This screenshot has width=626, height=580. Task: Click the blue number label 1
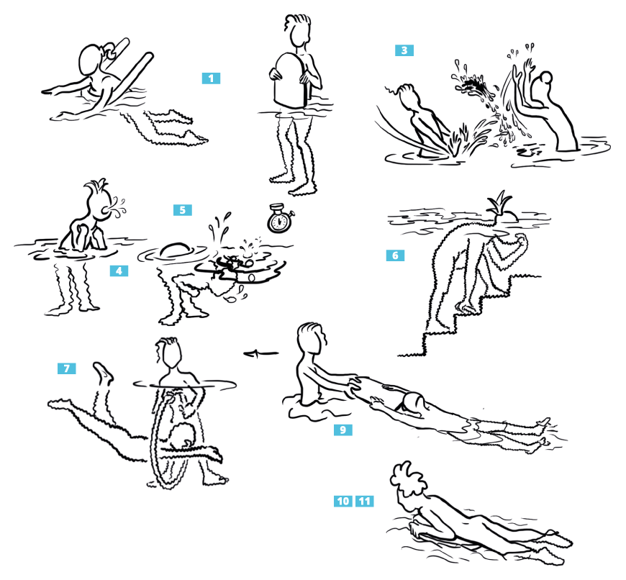(212, 78)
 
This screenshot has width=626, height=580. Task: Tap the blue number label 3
(404, 50)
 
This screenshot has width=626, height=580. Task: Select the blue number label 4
(119, 271)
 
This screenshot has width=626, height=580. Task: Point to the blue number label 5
(183, 210)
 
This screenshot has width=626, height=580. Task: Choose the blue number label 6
(395, 255)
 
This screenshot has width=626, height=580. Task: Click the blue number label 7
(67, 368)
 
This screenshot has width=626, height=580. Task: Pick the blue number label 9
(343, 430)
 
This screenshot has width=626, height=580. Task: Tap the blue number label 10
(343, 501)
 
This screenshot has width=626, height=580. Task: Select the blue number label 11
(365, 501)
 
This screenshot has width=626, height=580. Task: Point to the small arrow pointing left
(260, 353)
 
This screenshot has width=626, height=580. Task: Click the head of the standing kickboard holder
(298, 31)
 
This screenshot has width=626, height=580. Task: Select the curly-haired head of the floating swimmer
(409, 484)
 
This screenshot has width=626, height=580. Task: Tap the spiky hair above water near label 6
(499, 204)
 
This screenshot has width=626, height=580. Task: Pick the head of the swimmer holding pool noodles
(92, 59)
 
